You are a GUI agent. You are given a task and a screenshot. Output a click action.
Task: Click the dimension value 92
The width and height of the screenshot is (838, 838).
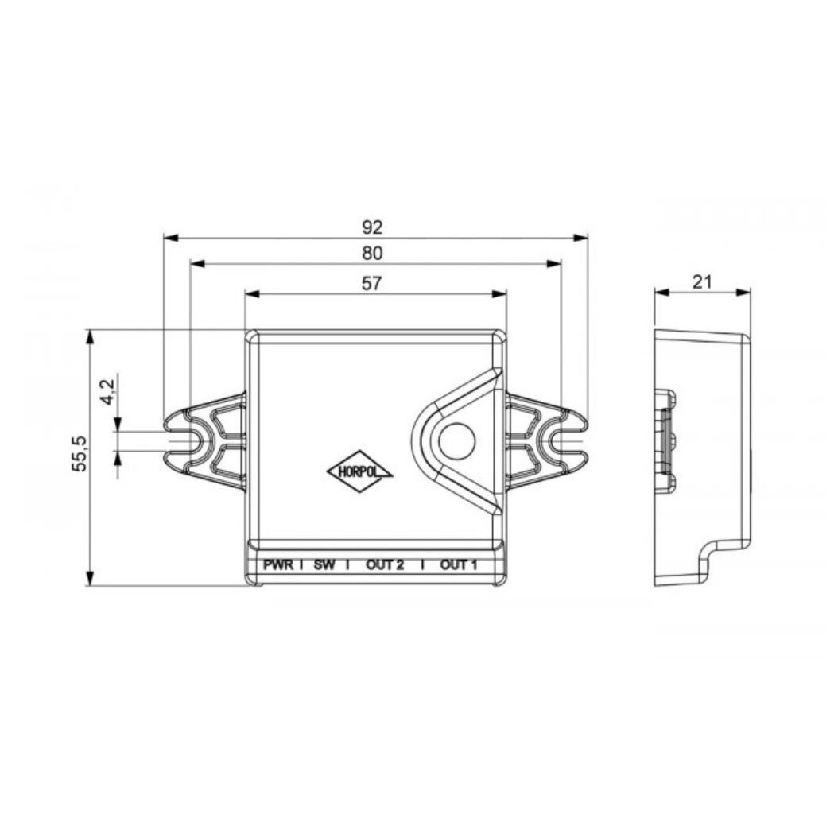pos(373,227)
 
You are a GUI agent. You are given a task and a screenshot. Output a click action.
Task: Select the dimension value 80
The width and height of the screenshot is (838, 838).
pos(373,254)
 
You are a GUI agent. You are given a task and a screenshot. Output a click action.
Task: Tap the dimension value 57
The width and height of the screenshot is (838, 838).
pos(373,283)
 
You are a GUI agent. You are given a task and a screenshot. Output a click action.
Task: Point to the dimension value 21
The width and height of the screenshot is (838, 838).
pos(701,281)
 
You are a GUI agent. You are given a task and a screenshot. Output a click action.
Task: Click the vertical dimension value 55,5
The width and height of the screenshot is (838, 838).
pos(79,454)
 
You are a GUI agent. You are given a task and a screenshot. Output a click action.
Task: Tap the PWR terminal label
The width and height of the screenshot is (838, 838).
pos(279,565)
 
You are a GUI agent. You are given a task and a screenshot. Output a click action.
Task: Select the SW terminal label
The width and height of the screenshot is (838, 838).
pos(324,565)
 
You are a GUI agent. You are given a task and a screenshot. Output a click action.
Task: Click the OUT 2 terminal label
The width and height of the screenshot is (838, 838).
pos(385,565)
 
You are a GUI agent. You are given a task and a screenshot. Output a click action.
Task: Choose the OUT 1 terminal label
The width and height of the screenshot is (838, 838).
pos(459,565)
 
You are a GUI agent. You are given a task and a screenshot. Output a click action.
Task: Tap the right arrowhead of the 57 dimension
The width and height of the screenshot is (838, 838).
pos(501,294)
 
